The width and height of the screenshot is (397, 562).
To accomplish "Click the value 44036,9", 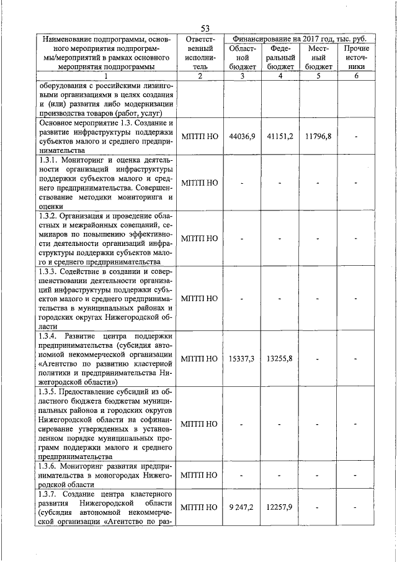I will click(242, 135).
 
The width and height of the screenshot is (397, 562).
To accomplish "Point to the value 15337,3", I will click(242, 358).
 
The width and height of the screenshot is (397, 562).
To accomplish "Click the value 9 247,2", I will click(242, 507).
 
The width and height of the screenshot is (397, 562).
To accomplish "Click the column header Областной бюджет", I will click(242, 57).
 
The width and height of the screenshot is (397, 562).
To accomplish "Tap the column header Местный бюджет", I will click(319, 57).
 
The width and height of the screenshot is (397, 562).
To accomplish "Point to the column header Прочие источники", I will click(356, 57).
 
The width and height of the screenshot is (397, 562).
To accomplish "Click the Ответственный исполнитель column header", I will click(200, 52).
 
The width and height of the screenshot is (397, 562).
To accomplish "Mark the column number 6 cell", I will click(356, 76).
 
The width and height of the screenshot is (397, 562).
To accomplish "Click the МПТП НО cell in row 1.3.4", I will click(200, 358).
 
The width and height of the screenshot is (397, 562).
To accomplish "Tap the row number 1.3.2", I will click(50, 216).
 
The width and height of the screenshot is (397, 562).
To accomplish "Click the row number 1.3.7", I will click(50, 493).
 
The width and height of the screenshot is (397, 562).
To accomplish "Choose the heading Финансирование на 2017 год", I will click(292, 39).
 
